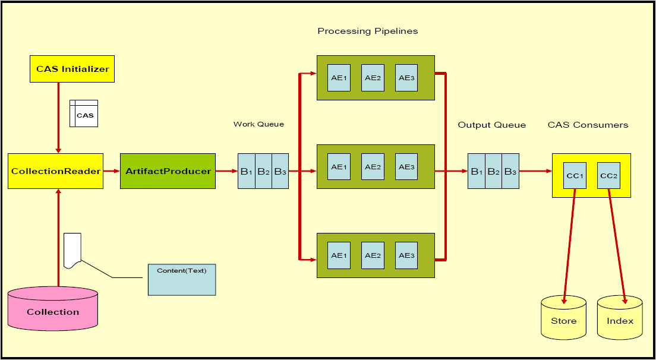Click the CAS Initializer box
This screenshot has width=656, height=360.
(x=72, y=69)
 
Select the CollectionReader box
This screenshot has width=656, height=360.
(x=55, y=171)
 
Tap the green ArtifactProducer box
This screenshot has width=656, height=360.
(x=168, y=171)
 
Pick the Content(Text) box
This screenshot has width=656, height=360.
(x=181, y=279)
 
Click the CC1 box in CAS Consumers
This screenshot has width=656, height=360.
(x=575, y=176)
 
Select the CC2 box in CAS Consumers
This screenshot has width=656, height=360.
(x=608, y=176)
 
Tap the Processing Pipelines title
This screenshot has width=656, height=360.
(x=367, y=31)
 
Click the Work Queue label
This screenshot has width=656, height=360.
(x=258, y=124)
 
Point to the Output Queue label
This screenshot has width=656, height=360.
(x=491, y=125)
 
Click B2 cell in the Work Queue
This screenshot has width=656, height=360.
(x=263, y=171)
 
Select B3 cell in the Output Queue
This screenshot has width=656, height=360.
(x=510, y=171)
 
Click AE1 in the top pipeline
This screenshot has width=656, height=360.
(x=339, y=78)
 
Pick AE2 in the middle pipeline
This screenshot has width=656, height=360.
(x=373, y=167)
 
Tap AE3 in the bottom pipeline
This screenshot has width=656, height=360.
(x=406, y=255)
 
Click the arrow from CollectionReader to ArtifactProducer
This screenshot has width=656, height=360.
(x=111, y=171)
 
